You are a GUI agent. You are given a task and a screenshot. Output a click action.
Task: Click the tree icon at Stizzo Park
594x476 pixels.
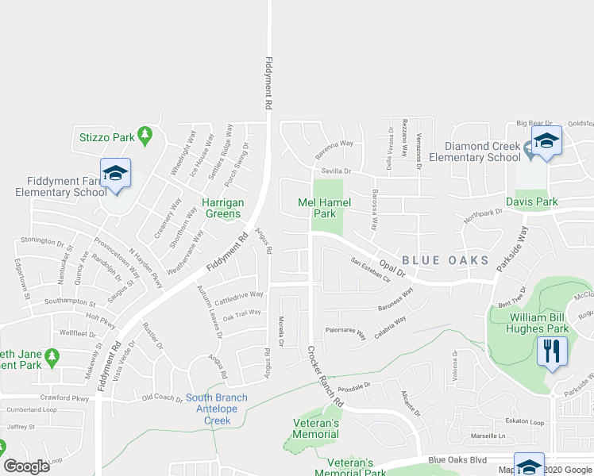[145, 136]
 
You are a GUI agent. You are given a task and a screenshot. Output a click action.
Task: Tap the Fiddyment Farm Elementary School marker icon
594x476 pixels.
[115, 174]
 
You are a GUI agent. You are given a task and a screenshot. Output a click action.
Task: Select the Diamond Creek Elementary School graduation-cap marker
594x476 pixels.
[546, 141]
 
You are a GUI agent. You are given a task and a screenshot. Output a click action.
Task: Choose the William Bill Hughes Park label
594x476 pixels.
[539, 322]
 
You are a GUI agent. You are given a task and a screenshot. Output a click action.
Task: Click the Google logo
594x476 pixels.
[27, 466]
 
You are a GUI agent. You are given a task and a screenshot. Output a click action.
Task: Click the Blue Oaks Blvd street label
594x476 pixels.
[456, 459]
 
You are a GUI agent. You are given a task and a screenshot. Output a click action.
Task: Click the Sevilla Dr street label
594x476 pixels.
[336, 171]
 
